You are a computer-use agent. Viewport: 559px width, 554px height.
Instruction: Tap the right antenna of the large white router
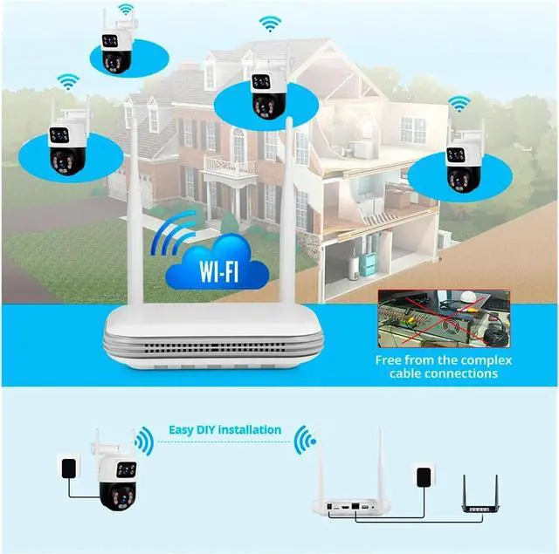pyautogui.click(x=286, y=209)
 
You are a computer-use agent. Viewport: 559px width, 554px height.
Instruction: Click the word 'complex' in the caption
pyautogui.click(x=489, y=359)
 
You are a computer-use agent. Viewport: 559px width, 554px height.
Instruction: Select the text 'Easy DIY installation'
pyautogui.click(x=225, y=429)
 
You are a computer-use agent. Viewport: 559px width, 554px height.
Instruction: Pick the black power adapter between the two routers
pyautogui.click(x=422, y=479)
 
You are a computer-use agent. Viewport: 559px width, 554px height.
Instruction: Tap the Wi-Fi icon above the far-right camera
pyautogui.click(x=459, y=105)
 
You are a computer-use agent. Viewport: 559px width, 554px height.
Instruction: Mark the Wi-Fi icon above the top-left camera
pyautogui.click(x=127, y=10)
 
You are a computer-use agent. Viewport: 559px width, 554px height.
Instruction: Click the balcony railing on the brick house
pyautogui.click(x=229, y=166)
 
